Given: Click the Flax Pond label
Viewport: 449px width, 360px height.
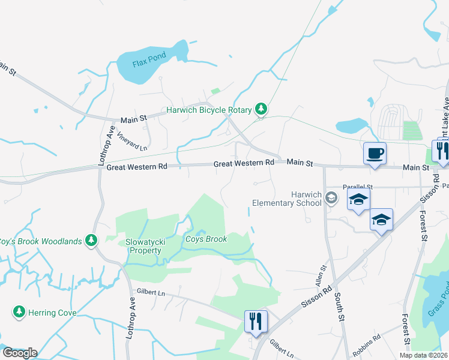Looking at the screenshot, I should pyautogui.click(x=133, y=62).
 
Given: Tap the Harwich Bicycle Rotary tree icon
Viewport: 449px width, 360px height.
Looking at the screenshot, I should pyautogui.click(x=261, y=109).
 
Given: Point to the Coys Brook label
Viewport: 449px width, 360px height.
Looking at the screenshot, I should pyautogui.click(x=206, y=239).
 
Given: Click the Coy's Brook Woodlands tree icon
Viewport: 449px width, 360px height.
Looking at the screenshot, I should pyautogui.click(x=91, y=241).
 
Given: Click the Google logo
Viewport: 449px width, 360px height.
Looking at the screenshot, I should pyautogui.click(x=20, y=353).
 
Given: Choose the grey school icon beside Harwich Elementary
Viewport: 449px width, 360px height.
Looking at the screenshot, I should pyautogui.click(x=331, y=198).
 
